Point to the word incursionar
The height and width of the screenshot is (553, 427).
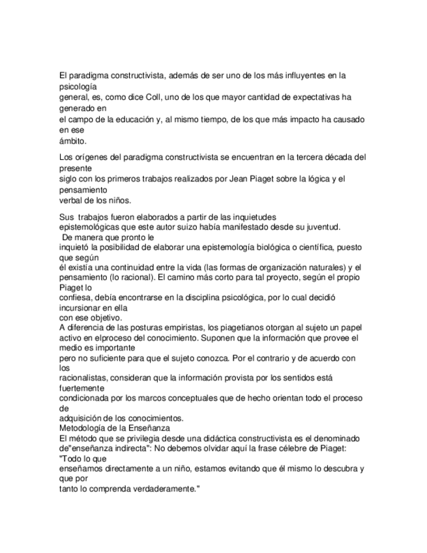(81, 306)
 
